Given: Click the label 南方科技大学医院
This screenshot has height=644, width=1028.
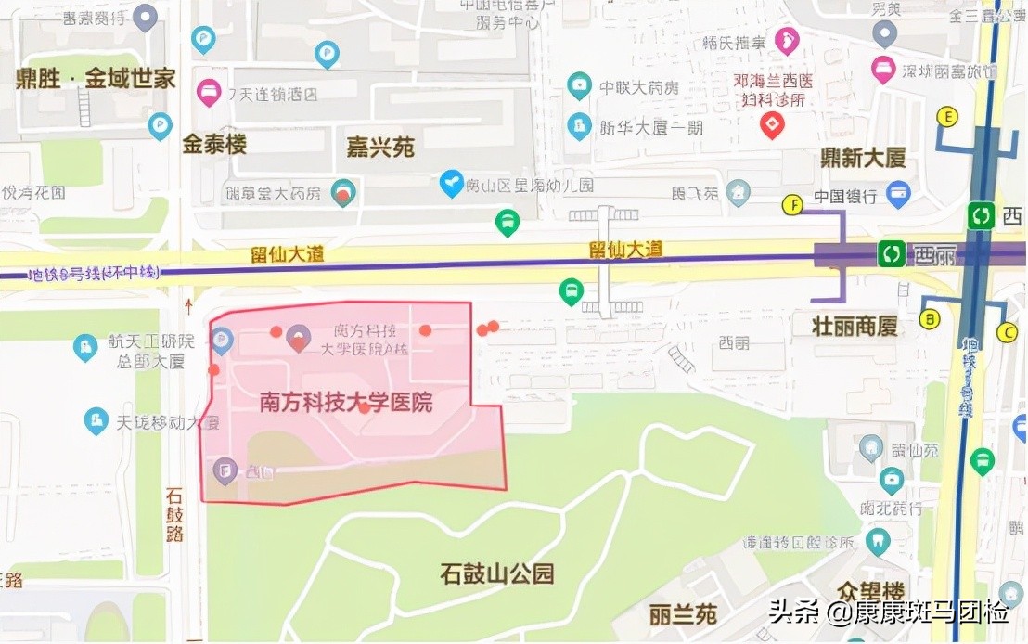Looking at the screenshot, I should click(345, 404).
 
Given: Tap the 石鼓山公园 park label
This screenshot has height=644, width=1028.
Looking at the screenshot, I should click(497, 573).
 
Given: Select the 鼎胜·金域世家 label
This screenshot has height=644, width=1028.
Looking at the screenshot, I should click(96, 79).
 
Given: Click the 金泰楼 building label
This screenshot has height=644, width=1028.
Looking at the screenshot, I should click(214, 145).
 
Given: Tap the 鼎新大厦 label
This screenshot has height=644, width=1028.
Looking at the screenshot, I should click(862, 158).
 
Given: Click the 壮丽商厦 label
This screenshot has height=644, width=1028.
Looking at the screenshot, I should click(855, 326).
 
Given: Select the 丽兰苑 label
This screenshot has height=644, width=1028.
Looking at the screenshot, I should click(683, 614).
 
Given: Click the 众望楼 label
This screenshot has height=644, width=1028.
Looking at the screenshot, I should click(869, 591).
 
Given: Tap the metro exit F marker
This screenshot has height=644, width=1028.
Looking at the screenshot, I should click(792, 205).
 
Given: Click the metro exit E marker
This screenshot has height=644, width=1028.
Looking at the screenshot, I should click(947, 117).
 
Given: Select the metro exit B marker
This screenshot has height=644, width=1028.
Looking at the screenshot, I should click(930, 319).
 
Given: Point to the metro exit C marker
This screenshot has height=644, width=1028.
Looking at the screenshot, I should click(1008, 332).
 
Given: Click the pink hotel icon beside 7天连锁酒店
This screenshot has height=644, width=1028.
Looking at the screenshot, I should click(209, 93).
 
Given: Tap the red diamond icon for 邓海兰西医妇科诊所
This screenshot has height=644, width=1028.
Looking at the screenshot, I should click(772, 124).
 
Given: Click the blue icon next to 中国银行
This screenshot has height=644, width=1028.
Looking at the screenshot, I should click(897, 195).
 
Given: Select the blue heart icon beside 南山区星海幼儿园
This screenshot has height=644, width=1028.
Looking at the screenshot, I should click(451, 184).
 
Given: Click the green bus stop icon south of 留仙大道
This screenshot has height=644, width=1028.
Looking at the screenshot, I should click(572, 292).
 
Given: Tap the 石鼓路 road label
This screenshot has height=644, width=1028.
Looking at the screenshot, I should click(175, 514).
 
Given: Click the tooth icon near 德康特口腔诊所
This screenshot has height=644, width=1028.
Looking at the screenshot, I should click(877, 541).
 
